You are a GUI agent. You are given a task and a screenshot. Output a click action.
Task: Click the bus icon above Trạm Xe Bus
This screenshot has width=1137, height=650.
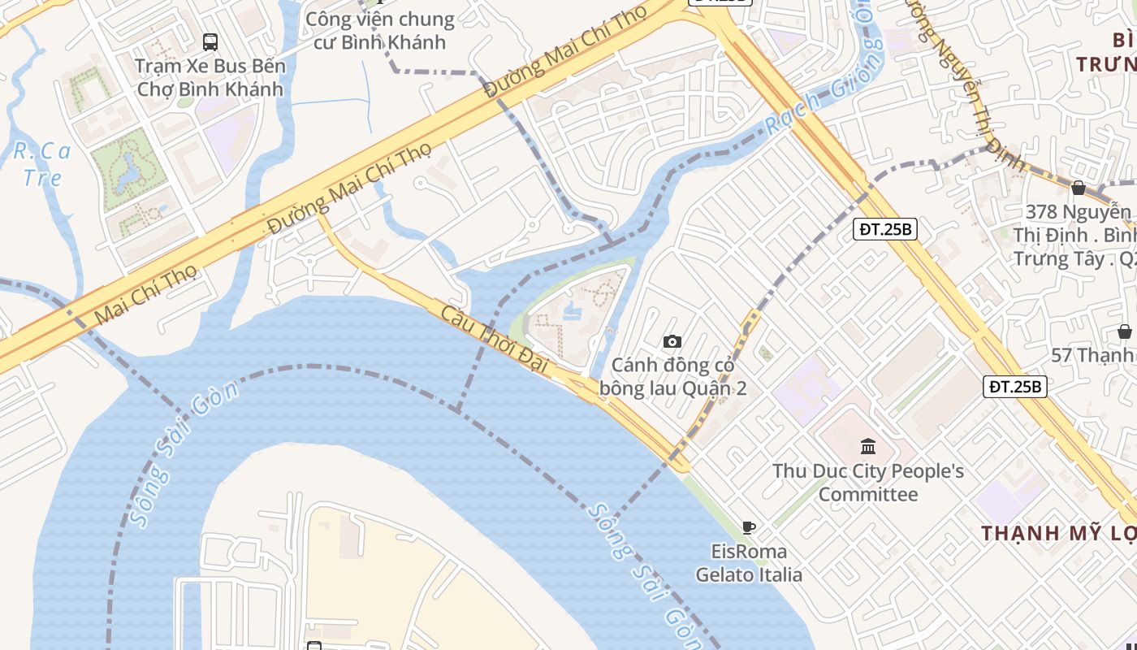coord(210,41)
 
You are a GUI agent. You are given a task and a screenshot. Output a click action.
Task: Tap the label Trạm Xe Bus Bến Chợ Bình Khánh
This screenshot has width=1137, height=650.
coord(210,77)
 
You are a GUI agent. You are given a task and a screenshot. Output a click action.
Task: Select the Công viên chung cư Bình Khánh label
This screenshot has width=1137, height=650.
coord(380,30)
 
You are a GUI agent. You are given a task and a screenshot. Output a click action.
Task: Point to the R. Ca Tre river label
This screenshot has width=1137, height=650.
coord(42,163)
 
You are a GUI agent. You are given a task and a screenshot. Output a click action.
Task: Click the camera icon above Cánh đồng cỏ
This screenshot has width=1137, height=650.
coord(672,342)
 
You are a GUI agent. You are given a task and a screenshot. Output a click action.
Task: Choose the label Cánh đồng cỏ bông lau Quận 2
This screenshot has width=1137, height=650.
coord(672,377)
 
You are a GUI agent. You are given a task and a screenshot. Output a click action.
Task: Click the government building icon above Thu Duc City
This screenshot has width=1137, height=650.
coord(868,446)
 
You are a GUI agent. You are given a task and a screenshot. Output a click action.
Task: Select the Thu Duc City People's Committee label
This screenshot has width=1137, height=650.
coord(868,483)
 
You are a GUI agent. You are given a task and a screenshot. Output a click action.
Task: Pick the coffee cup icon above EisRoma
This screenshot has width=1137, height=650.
coord(749,527)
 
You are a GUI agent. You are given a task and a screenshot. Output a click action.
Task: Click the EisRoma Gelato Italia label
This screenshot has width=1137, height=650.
coord(749,563)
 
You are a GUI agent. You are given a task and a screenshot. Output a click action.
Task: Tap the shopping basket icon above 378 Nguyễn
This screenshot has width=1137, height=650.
coord(1079,188)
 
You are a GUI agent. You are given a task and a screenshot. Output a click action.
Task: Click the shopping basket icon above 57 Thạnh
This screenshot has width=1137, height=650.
coord(1125,331)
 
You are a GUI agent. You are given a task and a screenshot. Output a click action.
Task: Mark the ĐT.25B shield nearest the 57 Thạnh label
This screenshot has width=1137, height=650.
coord(1015,387)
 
